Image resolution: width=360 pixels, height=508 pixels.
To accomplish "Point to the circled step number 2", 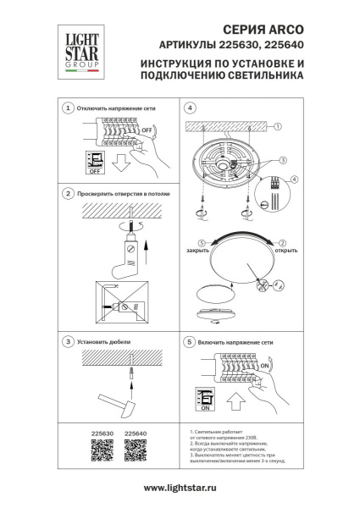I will tap(68, 194).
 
